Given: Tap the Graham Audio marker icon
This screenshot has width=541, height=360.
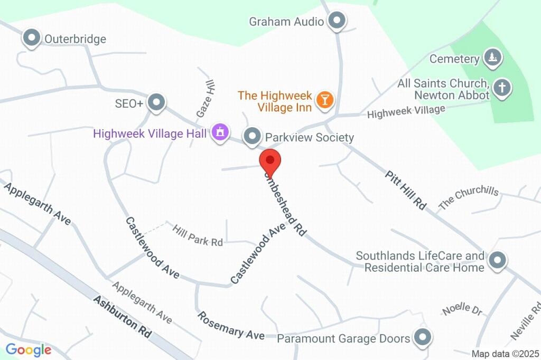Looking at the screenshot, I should tap(337, 21).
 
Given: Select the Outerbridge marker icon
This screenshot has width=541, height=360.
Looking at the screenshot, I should tap(32, 39).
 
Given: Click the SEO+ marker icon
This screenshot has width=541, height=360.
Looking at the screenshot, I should tap(156, 103).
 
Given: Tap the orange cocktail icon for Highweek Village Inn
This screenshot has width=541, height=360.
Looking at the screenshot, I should tap(324, 99).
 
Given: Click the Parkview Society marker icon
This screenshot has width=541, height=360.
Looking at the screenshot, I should tap(253, 137).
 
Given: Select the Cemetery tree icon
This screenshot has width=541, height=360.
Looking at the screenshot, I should tap(492, 58).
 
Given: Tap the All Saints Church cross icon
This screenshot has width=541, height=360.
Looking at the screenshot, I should tap(502, 88).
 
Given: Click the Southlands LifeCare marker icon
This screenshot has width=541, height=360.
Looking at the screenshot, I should tap(497, 260).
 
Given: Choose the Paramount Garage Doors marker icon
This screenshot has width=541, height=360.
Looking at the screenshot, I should tap(422, 337).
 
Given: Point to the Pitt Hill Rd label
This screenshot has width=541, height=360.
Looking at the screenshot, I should tap(405, 190).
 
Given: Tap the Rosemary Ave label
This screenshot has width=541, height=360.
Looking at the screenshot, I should tap(231, 326).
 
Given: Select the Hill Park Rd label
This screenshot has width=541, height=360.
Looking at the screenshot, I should tap(198, 235).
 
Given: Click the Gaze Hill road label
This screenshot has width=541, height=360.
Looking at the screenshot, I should tap(206, 99).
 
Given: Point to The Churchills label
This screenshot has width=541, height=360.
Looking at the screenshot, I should tap(468, 197).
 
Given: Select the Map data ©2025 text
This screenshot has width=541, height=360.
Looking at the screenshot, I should tap(505, 354).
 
